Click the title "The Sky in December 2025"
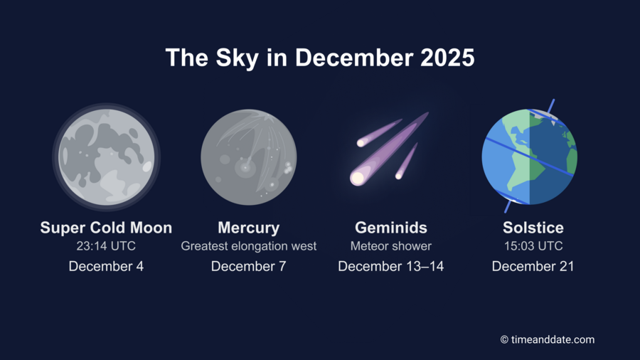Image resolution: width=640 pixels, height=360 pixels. (319, 58)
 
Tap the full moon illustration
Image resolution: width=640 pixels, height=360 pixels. (106, 157)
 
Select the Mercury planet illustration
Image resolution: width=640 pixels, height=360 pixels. (248, 157)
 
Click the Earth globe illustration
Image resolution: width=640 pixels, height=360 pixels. (529, 157)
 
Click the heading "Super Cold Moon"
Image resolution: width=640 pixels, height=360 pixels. (106, 228)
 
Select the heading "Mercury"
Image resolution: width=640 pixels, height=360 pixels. (248, 228)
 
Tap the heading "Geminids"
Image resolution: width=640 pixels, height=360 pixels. (391, 228)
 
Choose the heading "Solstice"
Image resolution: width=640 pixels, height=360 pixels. (533, 228)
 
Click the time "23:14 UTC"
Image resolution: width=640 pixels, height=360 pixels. (106, 246)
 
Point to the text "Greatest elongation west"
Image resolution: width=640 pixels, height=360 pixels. (248, 246)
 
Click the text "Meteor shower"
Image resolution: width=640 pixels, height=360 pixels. (391, 246)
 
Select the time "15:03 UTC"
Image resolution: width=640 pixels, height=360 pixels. (533, 246)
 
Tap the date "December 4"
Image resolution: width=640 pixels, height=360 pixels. (106, 266)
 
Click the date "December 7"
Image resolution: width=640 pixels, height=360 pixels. (248, 266)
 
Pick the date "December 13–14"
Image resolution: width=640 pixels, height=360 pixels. (391, 266)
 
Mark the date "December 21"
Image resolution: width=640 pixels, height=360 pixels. (533, 266)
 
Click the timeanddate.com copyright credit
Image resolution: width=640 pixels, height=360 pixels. (547, 340)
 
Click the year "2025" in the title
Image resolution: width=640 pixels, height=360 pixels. (447, 58)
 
